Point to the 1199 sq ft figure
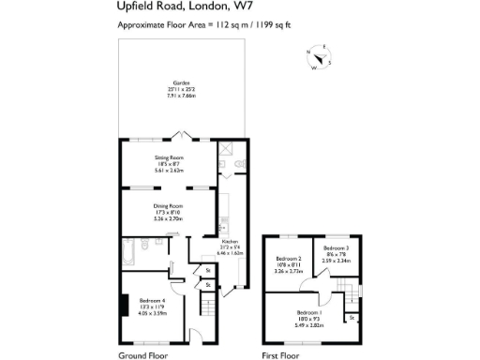click(x=283, y=26)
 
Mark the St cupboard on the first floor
click(x=351, y=319)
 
